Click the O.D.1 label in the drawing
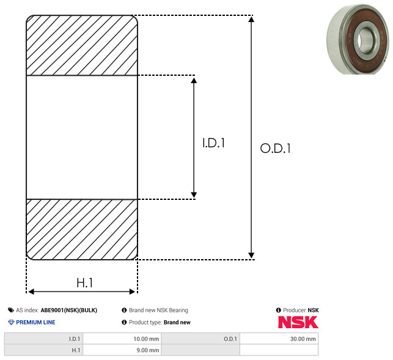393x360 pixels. tap(276, 148)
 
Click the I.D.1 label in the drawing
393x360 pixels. tap(213, 143)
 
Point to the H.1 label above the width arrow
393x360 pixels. tap(85, 283)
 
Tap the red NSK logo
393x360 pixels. tap(298, 322)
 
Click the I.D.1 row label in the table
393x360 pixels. tap(75, 339)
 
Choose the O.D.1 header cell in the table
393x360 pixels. tap(230, 339)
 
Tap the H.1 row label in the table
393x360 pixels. tap(76, 350)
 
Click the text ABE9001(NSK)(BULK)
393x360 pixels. tap(69, 310)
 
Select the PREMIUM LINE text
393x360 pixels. tap(35, 322)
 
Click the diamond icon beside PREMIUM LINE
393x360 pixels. tap(11, 322)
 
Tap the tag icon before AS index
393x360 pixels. tap(11, 310)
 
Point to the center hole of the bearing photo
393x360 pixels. tap(362, 40)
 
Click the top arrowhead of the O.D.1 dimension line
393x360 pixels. tap(251, 18)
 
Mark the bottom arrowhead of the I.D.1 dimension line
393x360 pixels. tap(194, 195)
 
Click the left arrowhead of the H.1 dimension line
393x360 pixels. tap(31, 292)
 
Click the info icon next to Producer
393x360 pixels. tap(279, 310)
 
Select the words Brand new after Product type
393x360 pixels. tap(177, 322)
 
